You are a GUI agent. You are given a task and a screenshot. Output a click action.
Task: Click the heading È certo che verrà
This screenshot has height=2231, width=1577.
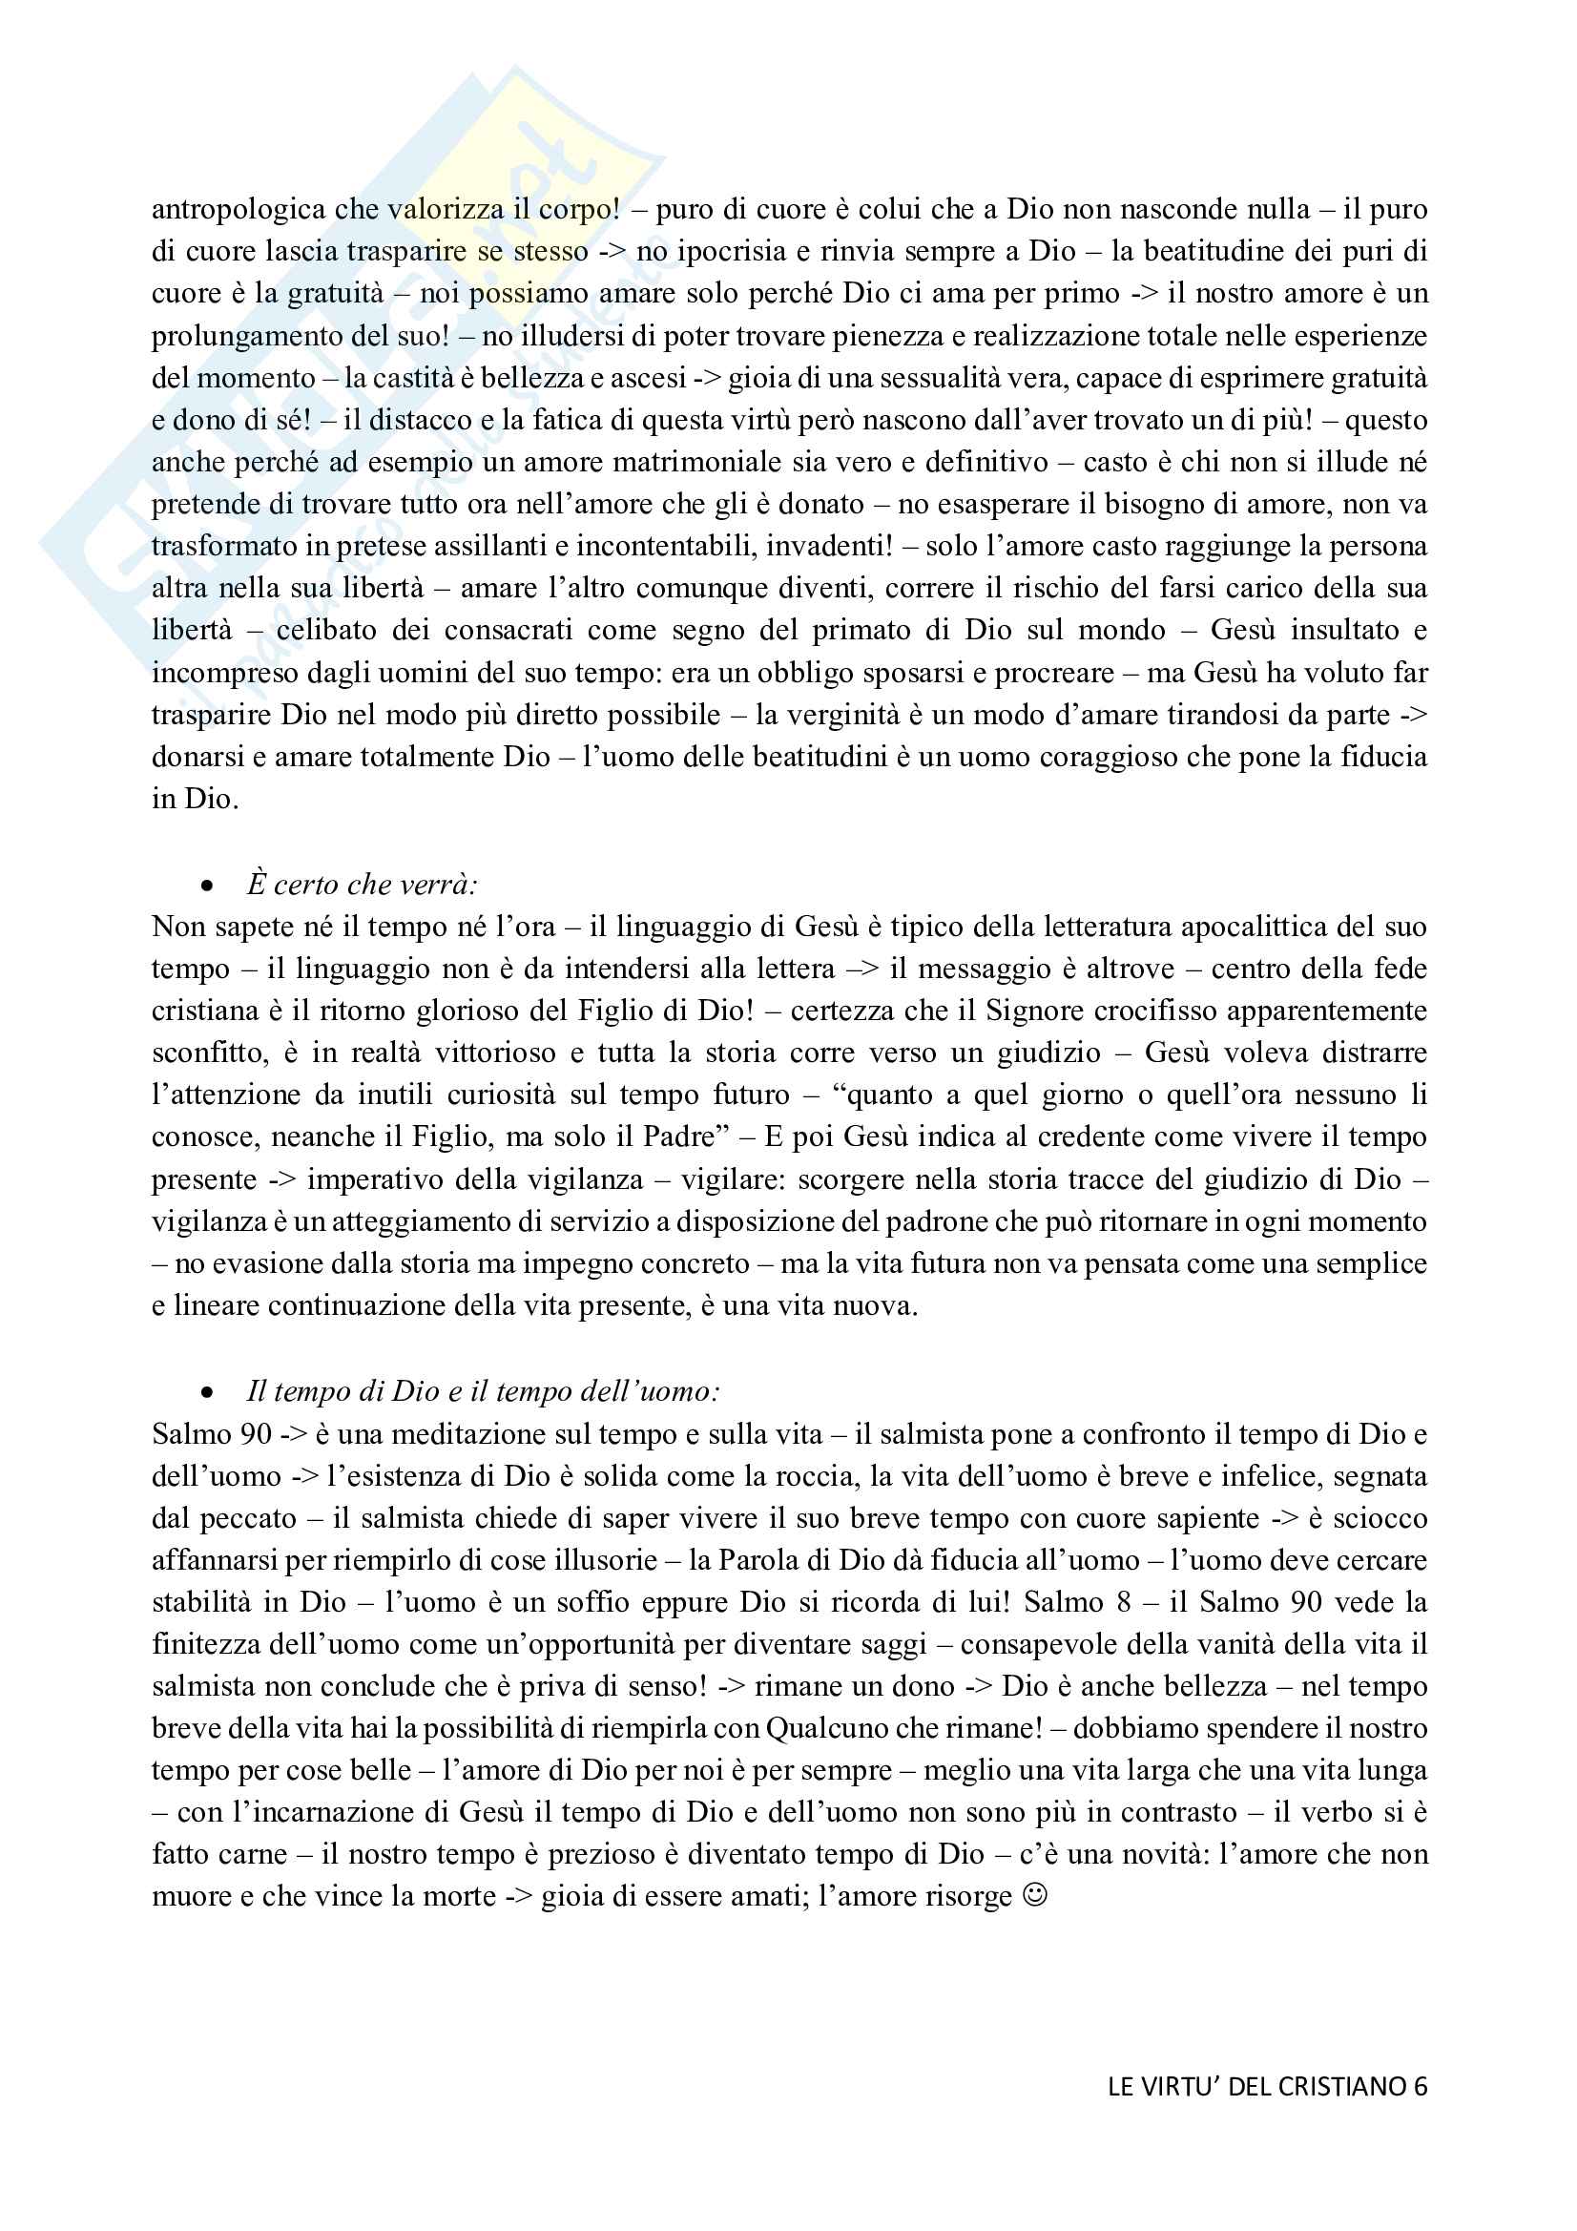[x=362, y=885]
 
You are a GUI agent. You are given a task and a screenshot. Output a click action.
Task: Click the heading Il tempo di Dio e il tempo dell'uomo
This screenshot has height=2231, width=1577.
[x=483, y=1391]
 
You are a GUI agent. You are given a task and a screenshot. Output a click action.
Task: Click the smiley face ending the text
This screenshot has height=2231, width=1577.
[x=1036, y=1896]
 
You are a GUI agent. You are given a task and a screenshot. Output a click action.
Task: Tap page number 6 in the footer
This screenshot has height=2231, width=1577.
[x=1421, y=2086]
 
